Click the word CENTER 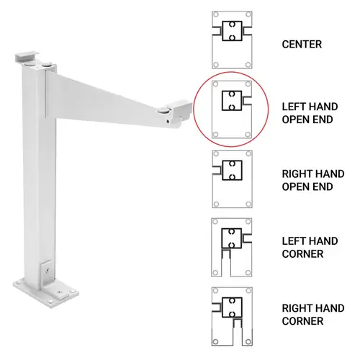302,45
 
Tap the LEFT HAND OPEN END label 307,112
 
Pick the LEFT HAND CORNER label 306,247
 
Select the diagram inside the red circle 231,108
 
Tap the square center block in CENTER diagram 231,32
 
